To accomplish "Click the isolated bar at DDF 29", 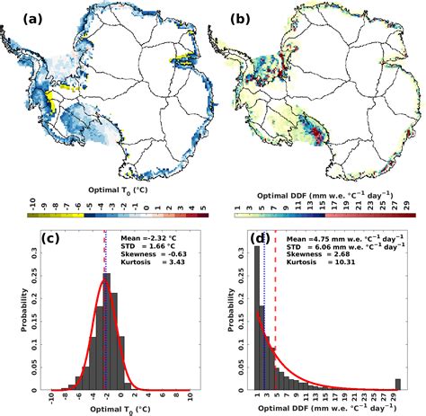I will [398, 384].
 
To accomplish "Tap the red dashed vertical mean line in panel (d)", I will [276, 314].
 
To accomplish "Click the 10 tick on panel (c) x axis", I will [190, 399].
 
